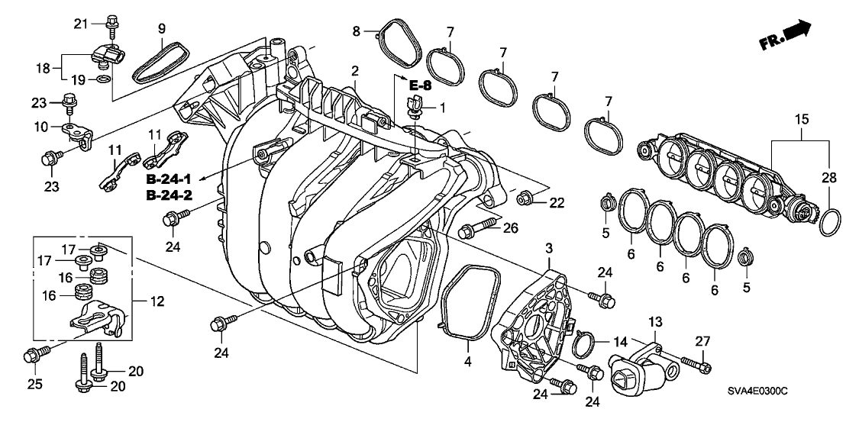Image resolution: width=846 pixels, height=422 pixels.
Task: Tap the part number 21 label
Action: pos(79,24)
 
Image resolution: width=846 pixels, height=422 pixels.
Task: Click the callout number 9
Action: pos(162,29)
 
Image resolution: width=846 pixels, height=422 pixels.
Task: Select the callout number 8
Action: pos(356,31)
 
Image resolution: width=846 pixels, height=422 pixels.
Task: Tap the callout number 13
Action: pos(655,324)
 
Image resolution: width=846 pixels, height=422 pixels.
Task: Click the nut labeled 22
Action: pos(525,200)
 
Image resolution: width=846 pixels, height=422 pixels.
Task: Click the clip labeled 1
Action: pos(416,109)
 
